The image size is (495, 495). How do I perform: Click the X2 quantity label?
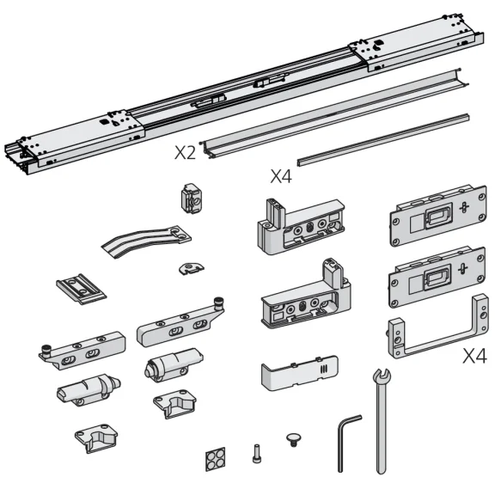(x=185, y=153)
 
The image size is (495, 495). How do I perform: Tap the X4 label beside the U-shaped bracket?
(x=474, y=356)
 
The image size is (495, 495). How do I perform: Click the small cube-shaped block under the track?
(x=190, y=198)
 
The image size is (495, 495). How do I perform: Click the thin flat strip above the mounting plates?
(x=382, y=138)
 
